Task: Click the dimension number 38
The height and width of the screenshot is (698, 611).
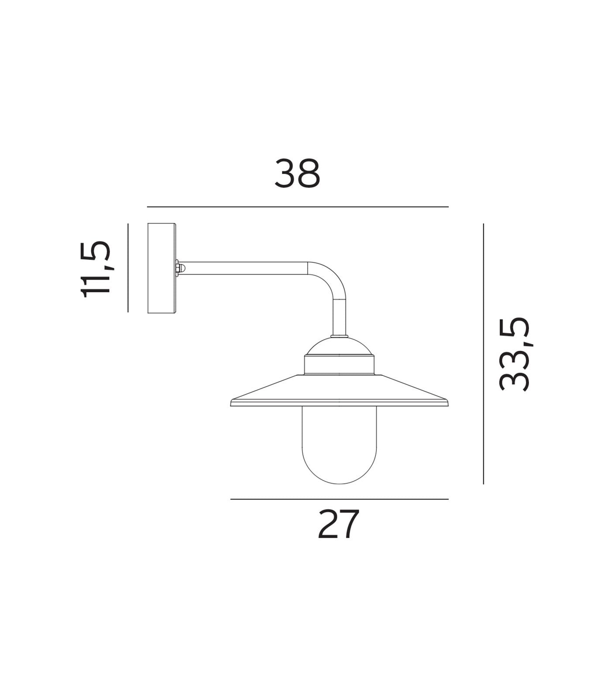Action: pos(297,173)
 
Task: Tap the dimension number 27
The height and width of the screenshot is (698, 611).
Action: pos(338,524)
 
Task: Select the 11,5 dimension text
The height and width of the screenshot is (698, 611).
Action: pos(96,269)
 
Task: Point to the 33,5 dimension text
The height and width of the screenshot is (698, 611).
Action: pos(514,353)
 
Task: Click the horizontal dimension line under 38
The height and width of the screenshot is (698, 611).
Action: pos(298,207)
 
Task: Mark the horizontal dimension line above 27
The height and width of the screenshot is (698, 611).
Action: pos(339,499)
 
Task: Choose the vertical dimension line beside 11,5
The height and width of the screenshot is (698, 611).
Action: pos(128,268)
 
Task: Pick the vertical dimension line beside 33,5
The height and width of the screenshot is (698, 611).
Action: pos(483,353)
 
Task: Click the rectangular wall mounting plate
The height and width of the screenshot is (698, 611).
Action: pos(161,268)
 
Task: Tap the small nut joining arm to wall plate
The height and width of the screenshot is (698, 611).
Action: pos(178,268)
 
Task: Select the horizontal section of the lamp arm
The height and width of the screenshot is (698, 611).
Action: pos(244,268)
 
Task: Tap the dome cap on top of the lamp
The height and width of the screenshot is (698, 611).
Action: pos(339,346)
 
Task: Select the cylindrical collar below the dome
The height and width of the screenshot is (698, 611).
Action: pos(339,365)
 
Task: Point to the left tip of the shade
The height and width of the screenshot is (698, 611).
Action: pos(232,403)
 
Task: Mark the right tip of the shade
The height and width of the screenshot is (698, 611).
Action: pos(447,403)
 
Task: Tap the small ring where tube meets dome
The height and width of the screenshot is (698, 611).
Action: pos(339,336)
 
